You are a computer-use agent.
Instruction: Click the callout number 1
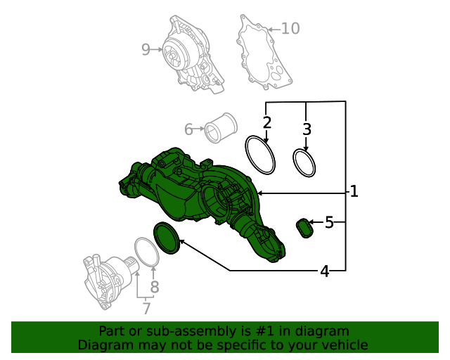point(354,191)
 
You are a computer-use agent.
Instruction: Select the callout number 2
point(267,123)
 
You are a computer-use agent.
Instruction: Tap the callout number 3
point(307,129)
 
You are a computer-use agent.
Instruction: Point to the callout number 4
point(324,271)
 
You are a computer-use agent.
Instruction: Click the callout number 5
point(329,223)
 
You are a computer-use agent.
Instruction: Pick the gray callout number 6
point(188,129)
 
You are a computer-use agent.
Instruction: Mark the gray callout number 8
point(155,287)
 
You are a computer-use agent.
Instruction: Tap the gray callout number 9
point(146,49)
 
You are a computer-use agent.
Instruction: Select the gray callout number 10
point(290,28)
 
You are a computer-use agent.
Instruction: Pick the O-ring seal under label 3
point(304,163)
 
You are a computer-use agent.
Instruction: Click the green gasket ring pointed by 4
point(167,237)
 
